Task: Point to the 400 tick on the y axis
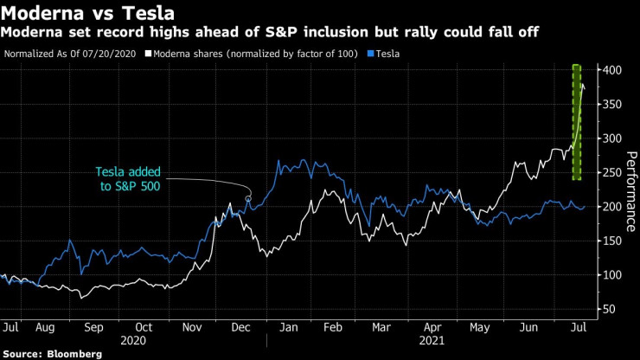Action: pos(609,69)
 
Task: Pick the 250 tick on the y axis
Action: pos(609,172)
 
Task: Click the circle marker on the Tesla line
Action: pos(248,199)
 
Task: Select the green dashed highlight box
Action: pos(575,122)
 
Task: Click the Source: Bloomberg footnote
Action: pos(52,354)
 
